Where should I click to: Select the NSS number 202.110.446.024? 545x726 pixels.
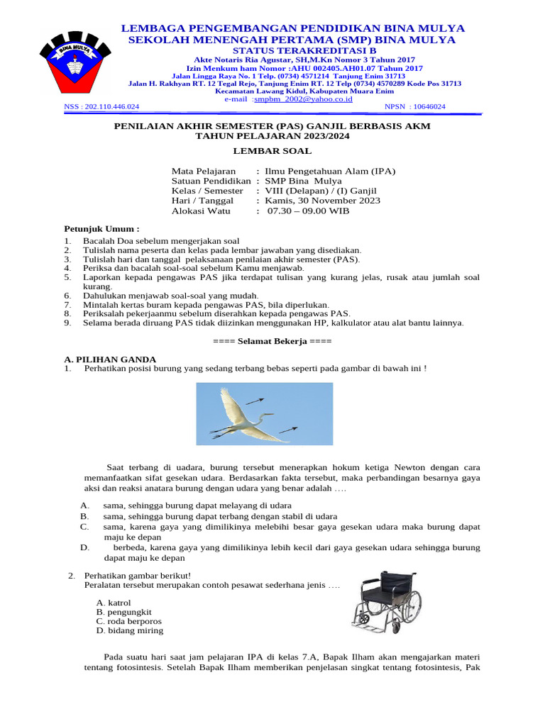(102, 106)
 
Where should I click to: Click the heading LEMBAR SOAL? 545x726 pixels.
(272, 151)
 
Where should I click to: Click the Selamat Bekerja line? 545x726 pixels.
(272, 341)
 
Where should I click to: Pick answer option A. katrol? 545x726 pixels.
(114, 602)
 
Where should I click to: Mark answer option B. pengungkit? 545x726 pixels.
(124, 612)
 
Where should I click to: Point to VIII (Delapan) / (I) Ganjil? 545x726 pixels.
(321, 191)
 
